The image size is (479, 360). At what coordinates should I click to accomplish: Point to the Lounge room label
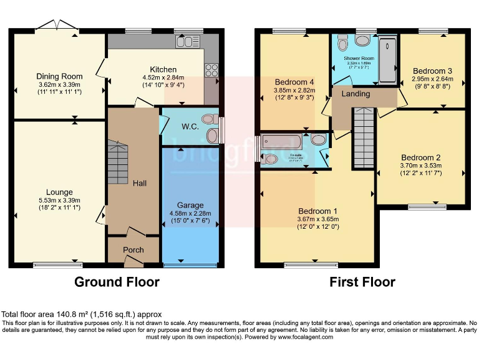pyautogui.click(x=59, y=192)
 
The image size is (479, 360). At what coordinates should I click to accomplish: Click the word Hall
pyautogui.click(x=140, y=183)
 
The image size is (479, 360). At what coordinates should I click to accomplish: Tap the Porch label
pyautogui.click(x=133, y=250)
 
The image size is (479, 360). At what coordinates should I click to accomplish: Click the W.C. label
pyautogui.click(x=190, y=126)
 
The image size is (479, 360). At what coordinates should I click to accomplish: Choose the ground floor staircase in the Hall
pyautogui.click(x=117, y=161)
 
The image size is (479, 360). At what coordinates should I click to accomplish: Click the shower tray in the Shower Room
pyautogui.click(x=387, y=60)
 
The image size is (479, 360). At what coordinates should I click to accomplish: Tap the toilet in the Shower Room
pyautogui.click(x=342, y=42)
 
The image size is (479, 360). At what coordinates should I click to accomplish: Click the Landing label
pyautogui.click(x=356, y=94)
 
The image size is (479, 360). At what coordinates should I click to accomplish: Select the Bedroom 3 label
pyautogui.click(x=432, y=71)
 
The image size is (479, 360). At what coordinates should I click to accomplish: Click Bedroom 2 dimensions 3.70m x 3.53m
pyautogui.click(x=422, y=166)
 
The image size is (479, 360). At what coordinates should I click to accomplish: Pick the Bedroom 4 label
pyautogui.click(x=294, y=82)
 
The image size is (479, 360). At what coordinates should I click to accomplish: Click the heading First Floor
pyautogui.click(x=362, y=282)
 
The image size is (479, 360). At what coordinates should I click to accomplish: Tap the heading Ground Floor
pyautogui.click(x=117, y=282)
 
